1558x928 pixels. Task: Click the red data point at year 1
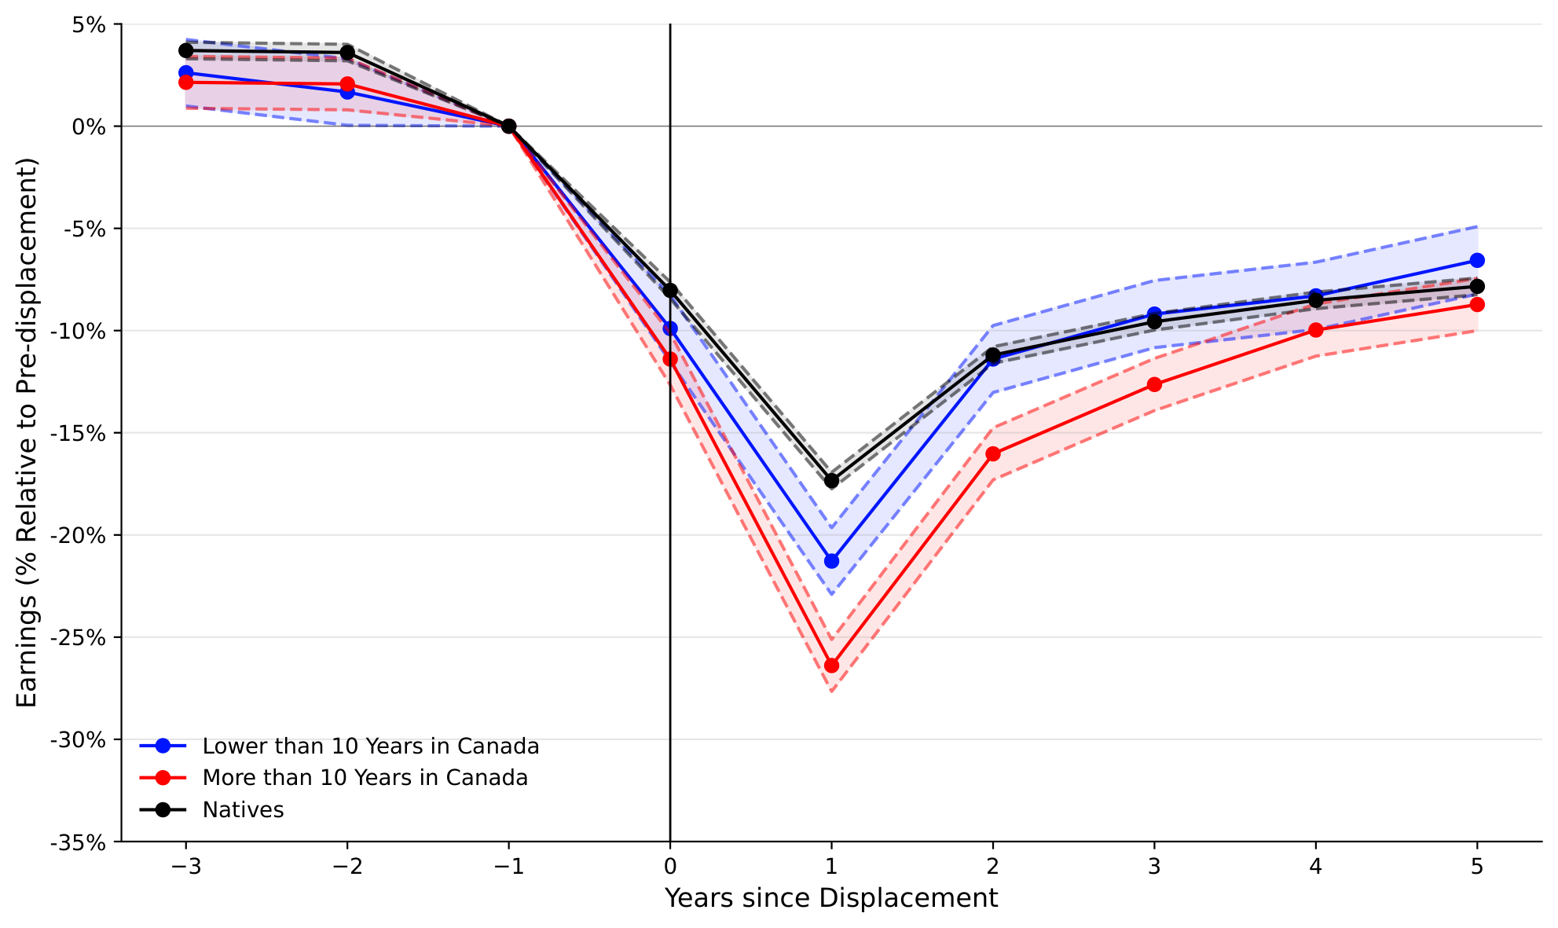click(831, 666)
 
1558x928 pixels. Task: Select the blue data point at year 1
click(831, 561)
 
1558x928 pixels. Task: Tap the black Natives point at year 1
click(831, 480)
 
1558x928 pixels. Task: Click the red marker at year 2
click(993, 454)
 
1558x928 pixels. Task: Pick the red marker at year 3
click(1154, 384)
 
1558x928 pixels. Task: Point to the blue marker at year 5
click(1477, 260)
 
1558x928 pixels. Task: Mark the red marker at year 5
click(1477, 304)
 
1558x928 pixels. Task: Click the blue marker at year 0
click(670, 328)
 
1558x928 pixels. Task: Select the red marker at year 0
click(670, 359)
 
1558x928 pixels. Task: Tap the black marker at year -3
click(186, 50)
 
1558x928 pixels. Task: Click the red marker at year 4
click(1316, 330)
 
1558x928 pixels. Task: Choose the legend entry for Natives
click(243, 810)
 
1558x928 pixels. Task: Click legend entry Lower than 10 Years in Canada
click(370, 746)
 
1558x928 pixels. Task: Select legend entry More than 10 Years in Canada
click(365, 778)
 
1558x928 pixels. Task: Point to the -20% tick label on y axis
click(77, 535)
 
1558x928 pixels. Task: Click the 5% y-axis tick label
click(88, 24)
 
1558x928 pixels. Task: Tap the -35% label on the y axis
click(77, 842)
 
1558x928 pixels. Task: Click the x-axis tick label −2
click(347, 867)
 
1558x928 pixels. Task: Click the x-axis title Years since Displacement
click(831, 898)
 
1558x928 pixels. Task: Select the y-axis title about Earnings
click(27, 432)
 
